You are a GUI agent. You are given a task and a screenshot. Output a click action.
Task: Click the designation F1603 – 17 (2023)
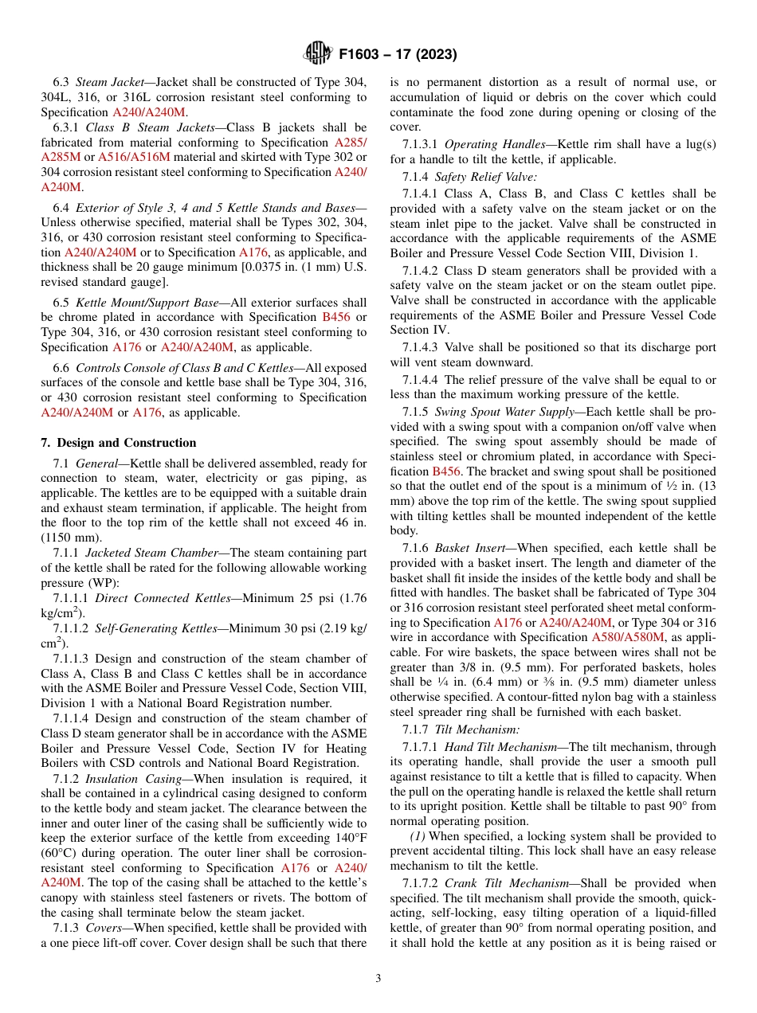(398, 54)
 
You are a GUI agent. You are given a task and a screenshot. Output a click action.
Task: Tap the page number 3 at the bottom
(378, 978)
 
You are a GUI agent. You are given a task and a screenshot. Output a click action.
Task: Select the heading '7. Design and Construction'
(118, 443)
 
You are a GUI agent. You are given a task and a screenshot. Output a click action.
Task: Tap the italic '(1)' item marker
(418, 836)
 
